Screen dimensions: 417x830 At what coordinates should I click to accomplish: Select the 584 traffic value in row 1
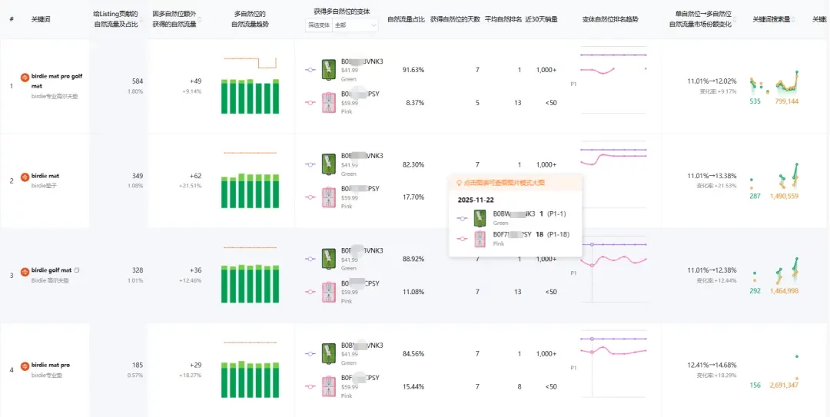[x=138, y=81]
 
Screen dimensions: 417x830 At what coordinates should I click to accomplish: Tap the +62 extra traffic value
[x=195, y=176]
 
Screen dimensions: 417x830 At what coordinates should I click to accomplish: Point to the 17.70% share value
[x=413, y=197]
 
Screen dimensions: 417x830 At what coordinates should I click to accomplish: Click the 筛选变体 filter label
[x=318, y=25]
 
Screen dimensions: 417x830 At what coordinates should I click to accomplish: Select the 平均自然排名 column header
[x=504, y=18]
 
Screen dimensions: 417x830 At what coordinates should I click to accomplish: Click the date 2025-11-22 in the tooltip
[x=476, y=199]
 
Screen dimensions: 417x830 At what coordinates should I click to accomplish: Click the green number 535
[x=755, y=101]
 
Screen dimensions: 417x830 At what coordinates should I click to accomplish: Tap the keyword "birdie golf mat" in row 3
[x=52, y=270]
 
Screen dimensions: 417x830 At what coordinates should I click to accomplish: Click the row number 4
[x=12, y=370]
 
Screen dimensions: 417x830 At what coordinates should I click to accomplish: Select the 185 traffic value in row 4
[x=138, y=365]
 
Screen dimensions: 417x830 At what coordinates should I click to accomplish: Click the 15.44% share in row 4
[x=413, y=386]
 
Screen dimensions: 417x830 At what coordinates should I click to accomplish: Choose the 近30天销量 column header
[x=541, y=18]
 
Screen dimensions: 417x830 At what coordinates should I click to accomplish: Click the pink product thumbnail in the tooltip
[x=480, y=238]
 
